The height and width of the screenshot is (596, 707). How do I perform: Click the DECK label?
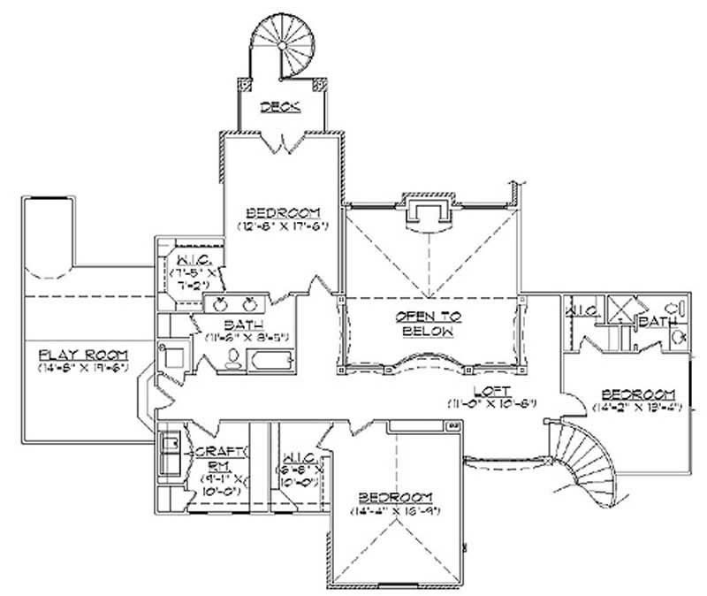point(281,107)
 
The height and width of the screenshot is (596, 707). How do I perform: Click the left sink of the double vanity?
point(216,303)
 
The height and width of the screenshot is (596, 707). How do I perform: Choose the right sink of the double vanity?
point(250,303)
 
